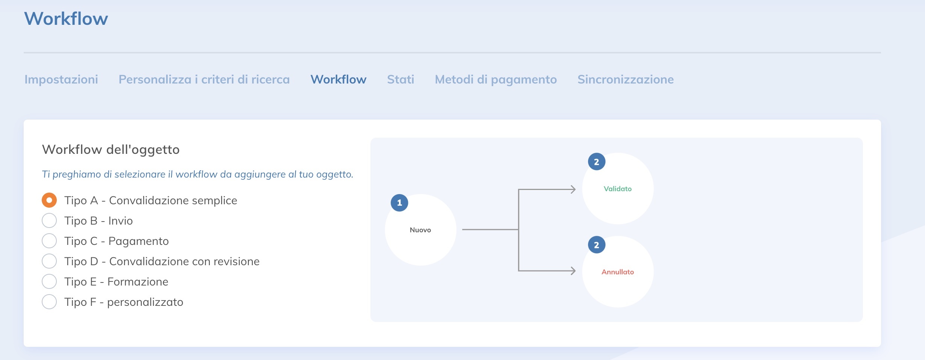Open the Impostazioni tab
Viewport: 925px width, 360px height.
pyautogui.click(x=61, y=79)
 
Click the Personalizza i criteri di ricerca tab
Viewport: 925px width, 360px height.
pyautogui.click(x=204, y=79)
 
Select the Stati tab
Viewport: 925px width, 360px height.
pyautogui.click(x=400, y=79)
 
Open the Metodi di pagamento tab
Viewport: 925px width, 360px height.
pyautogui.click(x=496, y=79)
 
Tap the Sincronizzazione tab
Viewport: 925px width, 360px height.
pyautogui.click(x=625, y=79)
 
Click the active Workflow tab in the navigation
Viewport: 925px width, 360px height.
pyautogui.click(x=338, y=79)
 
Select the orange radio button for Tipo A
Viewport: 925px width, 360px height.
pyautogui.click(x=49, y=200)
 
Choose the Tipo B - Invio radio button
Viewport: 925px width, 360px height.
pyautogui.click(x=49, y=220)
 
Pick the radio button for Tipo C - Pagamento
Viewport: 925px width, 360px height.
pyautogui.click(x=49, y=241)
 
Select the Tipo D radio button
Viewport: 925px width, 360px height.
pyautogui.click(x=49, y=261)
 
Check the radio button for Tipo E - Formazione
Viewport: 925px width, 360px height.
pyautogui.click(x=49, y=281)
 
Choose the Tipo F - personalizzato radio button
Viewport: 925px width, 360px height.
pyautogui.click(x=49, y=302)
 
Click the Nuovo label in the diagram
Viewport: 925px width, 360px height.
pyautogui.click(x=420, y=230)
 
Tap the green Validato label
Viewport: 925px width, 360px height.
pyautogui.click(x=617, y=189)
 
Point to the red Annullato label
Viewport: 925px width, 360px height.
pyautogui.click(x=617, y=272)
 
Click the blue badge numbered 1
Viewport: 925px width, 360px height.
pyautogui.click(x=399, y=203)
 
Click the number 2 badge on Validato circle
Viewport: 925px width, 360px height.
pyautogui.click(x=596, y=162)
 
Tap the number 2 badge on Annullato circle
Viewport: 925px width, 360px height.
pyautogui.click(x=596, y=245)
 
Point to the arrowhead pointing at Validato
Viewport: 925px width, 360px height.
pyautogui.click(x=573, y=189)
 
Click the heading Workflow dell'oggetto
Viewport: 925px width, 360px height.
pyautogui.click(x=111, y=150)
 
